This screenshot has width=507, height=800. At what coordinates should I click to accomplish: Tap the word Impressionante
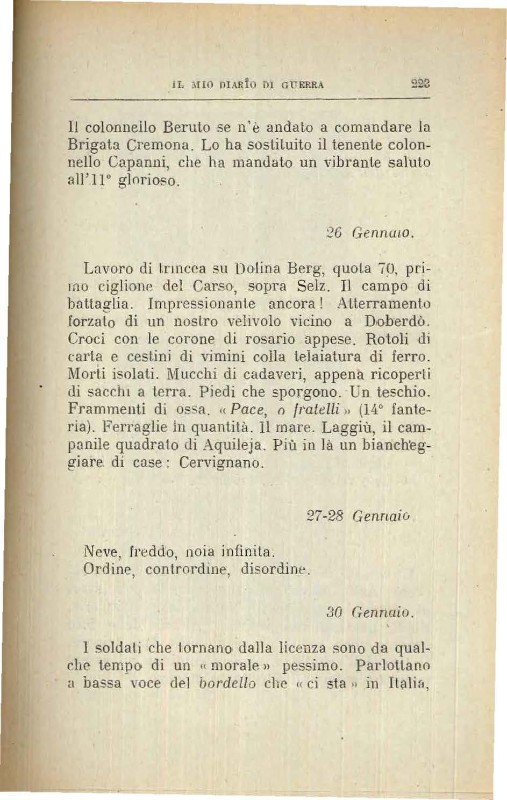[x=201, y=302]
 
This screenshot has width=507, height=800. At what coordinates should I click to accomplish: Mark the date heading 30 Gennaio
[x=370, y=612]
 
